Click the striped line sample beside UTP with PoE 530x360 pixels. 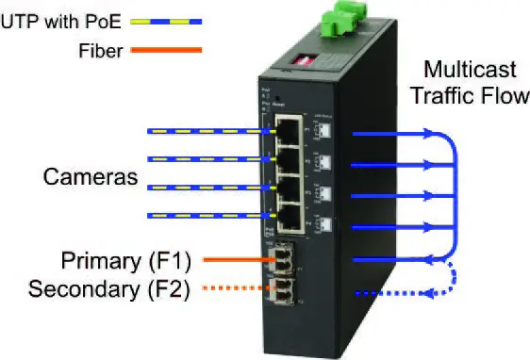pyautogui.click(x=173, y=20)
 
